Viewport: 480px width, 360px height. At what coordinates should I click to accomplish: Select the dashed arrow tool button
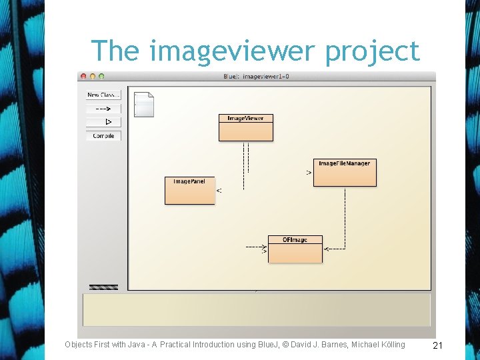(103, 109)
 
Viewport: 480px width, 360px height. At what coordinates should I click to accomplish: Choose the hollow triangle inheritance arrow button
(103, 122)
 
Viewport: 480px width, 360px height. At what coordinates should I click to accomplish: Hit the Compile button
(103, 136)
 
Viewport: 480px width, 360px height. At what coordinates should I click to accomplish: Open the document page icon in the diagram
(143, 105)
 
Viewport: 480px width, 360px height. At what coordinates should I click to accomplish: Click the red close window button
(83, 77)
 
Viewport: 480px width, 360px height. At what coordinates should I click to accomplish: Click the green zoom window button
(102, 77)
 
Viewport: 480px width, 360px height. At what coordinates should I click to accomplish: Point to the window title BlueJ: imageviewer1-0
(256, 77)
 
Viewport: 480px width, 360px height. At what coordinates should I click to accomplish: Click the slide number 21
(438, 345)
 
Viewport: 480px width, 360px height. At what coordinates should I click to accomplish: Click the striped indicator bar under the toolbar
(103, 287)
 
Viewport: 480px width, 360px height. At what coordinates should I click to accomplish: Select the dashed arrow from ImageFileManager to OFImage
(345, 220)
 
